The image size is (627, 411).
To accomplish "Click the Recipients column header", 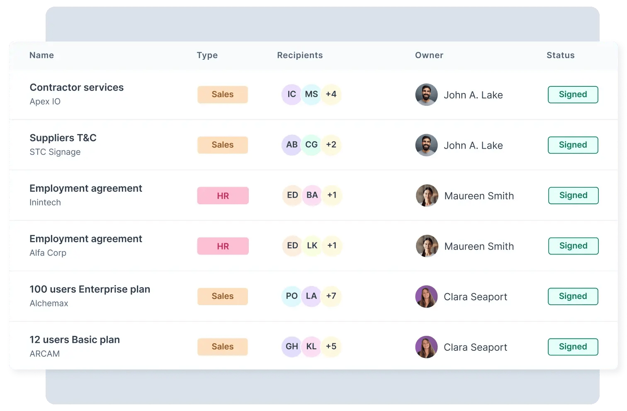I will [300, 55].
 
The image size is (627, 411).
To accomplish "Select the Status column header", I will [560, 55].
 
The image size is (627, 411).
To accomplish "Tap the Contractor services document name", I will [77, 88].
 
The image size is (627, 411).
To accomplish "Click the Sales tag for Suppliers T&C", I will [223, 145].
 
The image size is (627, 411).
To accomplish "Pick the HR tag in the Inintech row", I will [223, 196].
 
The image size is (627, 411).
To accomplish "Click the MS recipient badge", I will [311, 94].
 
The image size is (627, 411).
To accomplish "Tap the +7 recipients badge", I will [331, 296].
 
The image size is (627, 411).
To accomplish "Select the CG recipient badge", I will [311, 145].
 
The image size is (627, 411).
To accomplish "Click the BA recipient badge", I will [312, 195].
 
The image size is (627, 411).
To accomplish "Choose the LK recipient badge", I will [312, 246].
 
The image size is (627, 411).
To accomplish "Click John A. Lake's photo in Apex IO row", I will [426, 95].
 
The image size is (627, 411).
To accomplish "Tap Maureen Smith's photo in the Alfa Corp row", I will [427, 246].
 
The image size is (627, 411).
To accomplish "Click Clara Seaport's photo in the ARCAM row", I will [426, 347].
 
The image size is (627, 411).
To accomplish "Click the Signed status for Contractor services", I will [573, 95].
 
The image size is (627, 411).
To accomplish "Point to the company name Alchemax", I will [49, 303].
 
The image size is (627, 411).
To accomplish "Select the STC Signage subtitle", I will [55, 152].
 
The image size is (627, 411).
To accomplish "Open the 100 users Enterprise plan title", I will [90, 289].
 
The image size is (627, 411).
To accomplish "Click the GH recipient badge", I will [292, 347].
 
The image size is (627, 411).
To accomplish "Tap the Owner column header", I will [429, 55].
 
